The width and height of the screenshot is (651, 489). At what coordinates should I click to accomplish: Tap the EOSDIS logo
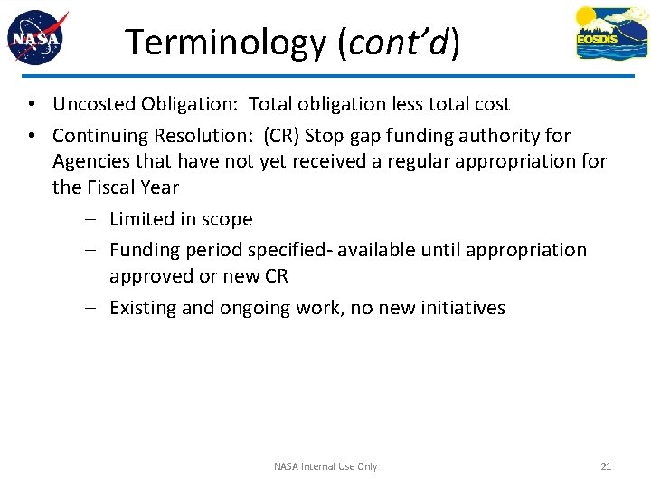(611, 34)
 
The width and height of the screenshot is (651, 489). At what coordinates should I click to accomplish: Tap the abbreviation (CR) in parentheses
(281, 136)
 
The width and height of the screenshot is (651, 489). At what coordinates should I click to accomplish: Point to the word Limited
(142, 219)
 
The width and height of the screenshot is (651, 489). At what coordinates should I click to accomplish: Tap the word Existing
(143, 308)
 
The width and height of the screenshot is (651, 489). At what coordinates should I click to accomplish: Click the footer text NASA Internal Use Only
(325, 466)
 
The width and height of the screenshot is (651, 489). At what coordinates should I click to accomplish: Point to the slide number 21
(606, 466)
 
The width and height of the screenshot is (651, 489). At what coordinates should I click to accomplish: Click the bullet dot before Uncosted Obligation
(31, 105)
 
